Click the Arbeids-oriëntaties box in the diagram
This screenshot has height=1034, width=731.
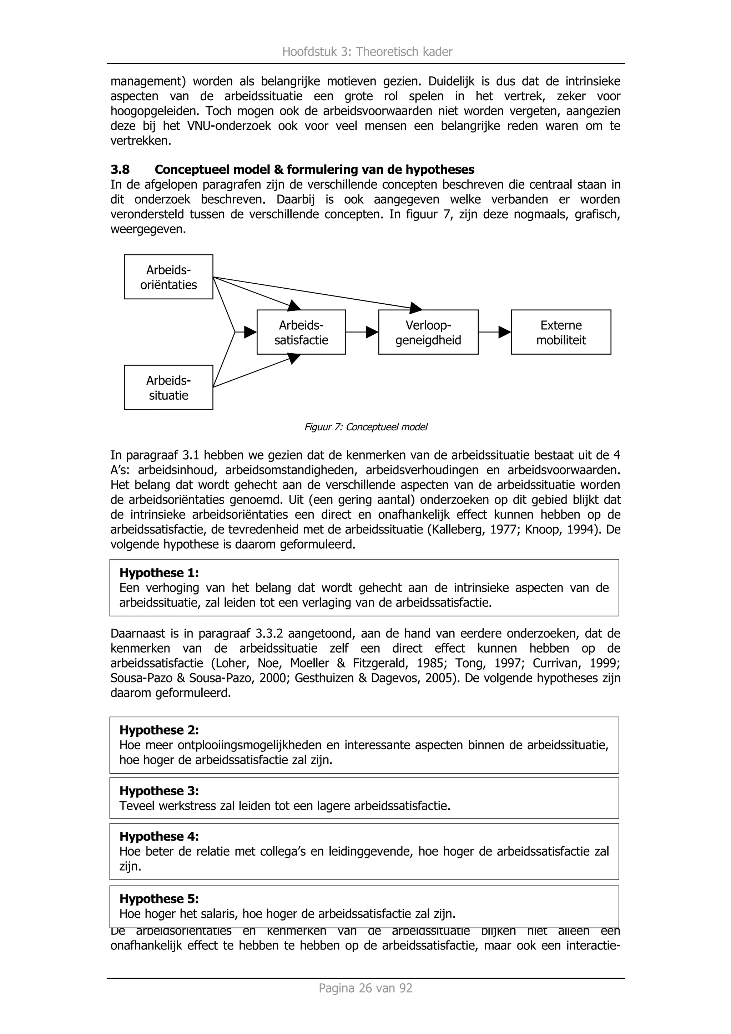(x=168, y=277)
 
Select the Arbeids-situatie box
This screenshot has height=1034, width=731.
(x=168, y=387)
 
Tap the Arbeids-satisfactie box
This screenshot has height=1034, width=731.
(x=301, y=333)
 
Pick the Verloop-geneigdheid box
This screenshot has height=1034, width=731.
(x=428, y=333)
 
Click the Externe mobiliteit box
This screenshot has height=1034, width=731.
(x=561, y=333)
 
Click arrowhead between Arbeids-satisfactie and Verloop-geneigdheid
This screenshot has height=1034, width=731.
(x=372, y=333)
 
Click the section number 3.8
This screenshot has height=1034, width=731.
(x=120, y=170)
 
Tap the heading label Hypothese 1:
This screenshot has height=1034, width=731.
(x=159, y=573)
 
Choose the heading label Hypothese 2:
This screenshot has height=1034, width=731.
(x=159, y=730)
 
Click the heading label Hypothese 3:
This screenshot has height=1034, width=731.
(x=159, y=791)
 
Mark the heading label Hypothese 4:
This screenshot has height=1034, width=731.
(x=159, y=836)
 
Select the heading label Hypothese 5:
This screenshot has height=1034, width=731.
(x=159, y=899)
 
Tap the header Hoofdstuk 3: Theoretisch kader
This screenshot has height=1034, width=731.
(x=367, y=52)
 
